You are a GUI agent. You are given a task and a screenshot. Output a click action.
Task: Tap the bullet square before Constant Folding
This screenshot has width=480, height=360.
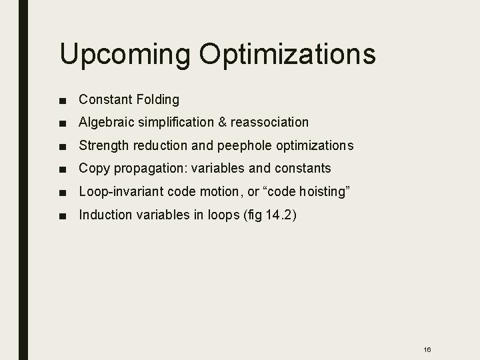[x=62, y=100]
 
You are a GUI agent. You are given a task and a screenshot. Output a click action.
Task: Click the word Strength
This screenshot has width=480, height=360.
[x=103, y=145]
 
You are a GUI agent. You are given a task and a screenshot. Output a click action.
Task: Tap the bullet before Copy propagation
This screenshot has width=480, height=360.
[x=62, y=169]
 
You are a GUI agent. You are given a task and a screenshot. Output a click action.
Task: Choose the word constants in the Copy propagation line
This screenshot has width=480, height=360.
[x=303, y=169]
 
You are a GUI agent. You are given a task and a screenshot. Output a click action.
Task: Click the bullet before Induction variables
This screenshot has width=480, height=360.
[x=62, y=215]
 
